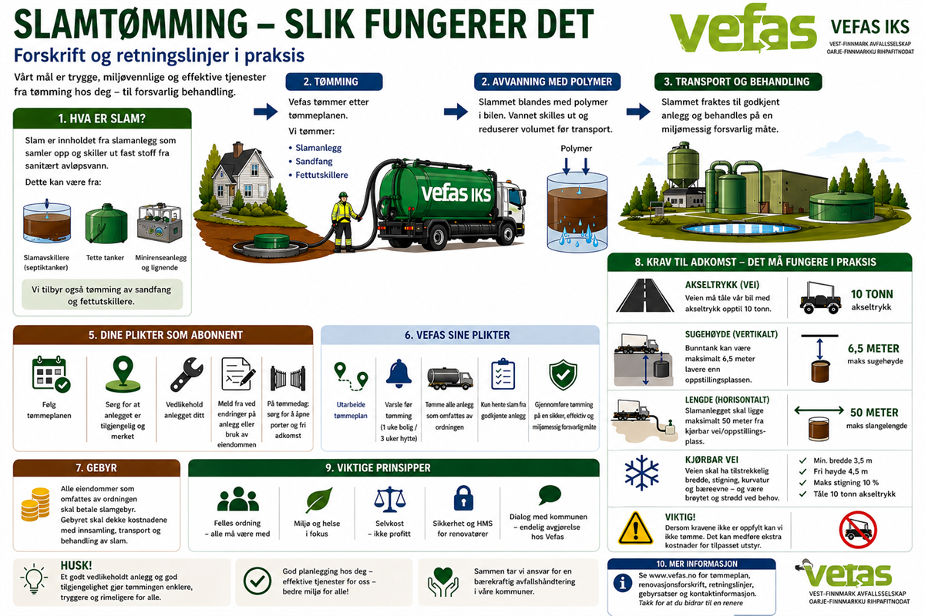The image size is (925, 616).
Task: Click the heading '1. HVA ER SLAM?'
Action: point(103,119)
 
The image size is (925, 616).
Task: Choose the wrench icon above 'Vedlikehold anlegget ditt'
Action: point(187,374)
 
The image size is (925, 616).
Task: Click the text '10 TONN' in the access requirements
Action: point(873,293)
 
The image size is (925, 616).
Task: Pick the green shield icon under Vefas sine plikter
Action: point(563,375)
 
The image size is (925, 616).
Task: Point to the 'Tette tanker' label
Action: point(104,258)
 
